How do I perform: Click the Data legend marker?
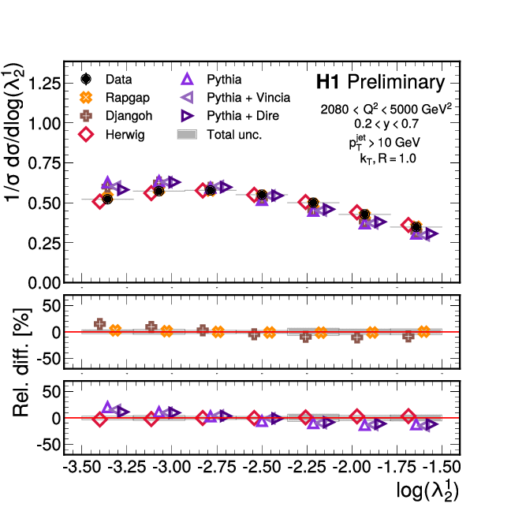(87, 79)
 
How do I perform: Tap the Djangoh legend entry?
(129, 116)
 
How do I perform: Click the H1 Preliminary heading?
(380, 82)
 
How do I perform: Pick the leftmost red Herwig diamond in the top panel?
(99, 201)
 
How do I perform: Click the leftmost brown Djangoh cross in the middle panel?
(100, 323)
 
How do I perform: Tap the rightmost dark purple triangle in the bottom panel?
(431, 425)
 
